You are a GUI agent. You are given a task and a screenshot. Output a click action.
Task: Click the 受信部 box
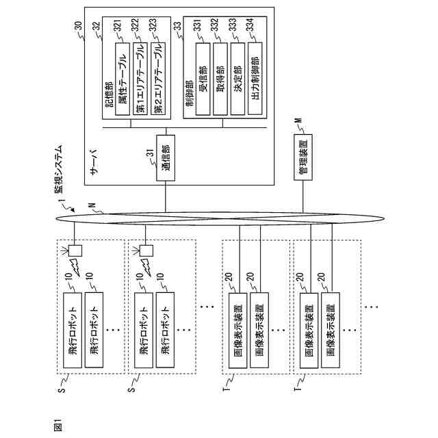coord(202,79)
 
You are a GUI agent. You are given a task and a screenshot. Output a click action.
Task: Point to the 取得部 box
coord(220,79)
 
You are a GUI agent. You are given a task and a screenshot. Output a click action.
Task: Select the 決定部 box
coord(237,79)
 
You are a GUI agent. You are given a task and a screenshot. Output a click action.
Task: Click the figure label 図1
coord(57,424)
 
